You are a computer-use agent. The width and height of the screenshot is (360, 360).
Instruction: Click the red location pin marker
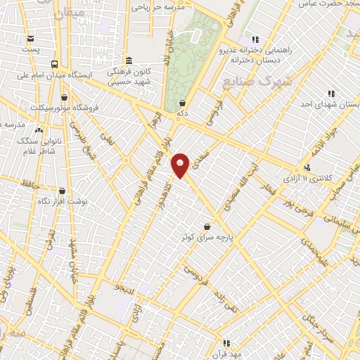181,165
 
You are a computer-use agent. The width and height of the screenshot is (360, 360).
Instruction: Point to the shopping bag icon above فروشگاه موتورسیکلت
65,97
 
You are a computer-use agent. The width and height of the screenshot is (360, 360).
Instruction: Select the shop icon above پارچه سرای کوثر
207,226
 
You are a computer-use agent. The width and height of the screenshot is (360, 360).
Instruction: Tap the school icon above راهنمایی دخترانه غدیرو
255,39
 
